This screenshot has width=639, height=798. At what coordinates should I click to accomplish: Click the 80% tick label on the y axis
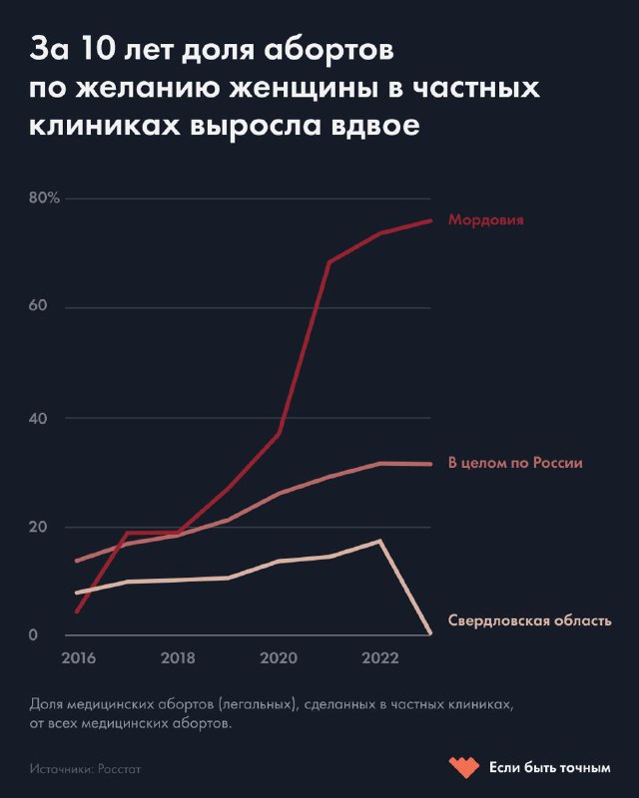pyautogui.click(x=45, y=198)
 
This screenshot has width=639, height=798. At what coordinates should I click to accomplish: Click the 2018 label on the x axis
pyautogui.click(x=178, y=658)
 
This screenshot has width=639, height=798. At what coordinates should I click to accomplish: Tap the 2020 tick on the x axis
pyautogui.click(x=279, y=658)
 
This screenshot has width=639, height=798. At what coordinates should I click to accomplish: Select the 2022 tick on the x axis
pyautogui.click(x=380, y=658)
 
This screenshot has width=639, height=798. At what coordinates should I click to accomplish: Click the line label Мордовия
pyautogui.click(x=486, y=220)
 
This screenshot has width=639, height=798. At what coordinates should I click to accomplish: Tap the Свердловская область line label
pyautogui.click(x=529, y=620)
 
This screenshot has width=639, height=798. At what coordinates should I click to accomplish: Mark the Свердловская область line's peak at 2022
pyautogui.click(x=380, y=541)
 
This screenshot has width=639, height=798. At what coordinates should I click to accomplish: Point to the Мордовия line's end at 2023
pyautogui.click(x=430, y=220)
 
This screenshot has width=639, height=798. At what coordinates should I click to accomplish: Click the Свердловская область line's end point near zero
pyautogui.click(x=430, y=633)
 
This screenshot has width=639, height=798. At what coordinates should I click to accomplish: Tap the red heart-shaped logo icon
pyautogui.click(x=465, y=767)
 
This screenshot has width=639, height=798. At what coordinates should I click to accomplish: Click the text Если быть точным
pyautogui.click(x=549, y=767)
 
